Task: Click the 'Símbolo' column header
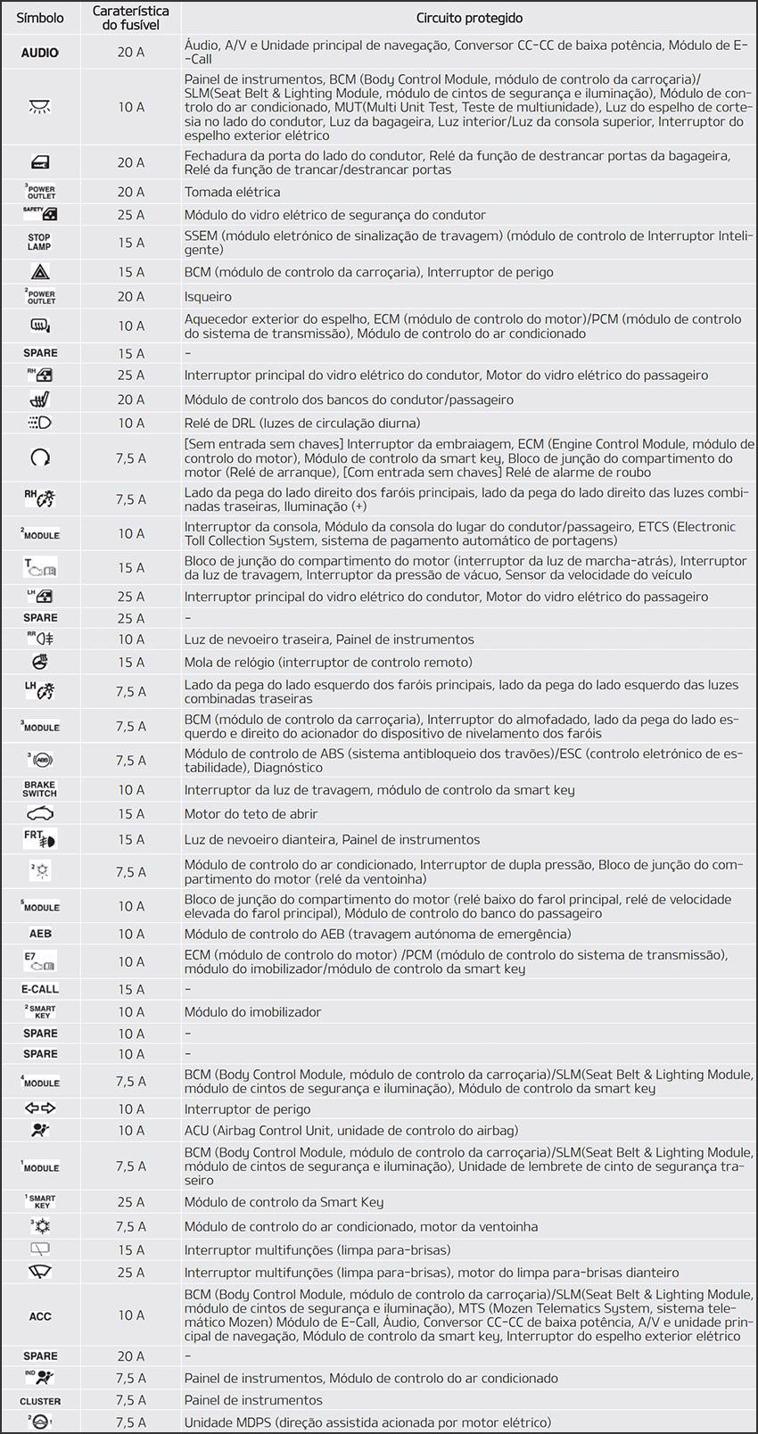(x=40, y=18)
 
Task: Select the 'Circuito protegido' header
(x=469, y=18)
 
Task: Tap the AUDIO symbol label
(x=40, y=53)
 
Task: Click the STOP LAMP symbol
(x=40, y=242)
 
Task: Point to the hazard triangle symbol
(x=40, y=272)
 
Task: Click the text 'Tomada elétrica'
(x=232, y=192)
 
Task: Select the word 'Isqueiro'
(x=208, y=296)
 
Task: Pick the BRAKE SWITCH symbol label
(x=40, y=789)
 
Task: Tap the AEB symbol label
(x=40, y=934)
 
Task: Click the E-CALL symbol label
(x=40, y=989)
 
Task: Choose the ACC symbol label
(x=40, y=1315)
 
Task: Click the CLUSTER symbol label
(x=40, y=1401)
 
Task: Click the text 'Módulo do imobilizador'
(x=252, y=1011)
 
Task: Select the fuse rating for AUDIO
(x=131, y=53)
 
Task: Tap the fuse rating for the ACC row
(x=131, y=1315)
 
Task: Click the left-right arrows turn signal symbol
(x=40, y=1108)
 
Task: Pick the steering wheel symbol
(x=40, y=662)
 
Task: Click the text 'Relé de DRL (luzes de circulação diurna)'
(x=301, y=423)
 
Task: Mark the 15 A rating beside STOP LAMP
(x=131, y=242)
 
